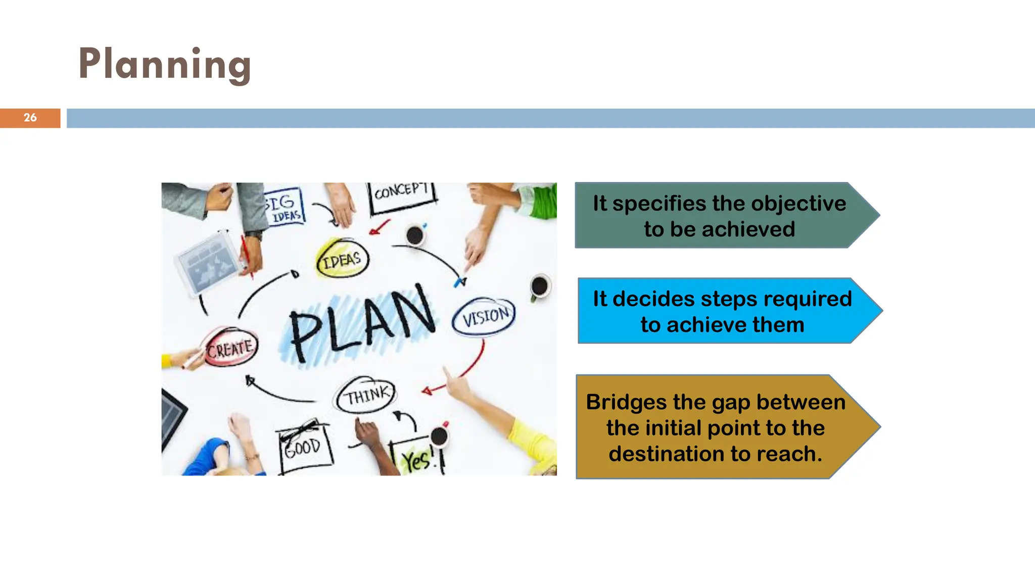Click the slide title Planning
tap(165, 64)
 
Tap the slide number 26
tap(30, 118)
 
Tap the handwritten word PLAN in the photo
tap(362, 323)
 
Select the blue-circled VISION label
tap(484, 317)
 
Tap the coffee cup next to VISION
tap(540, 286)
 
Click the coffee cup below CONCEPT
tap(415, 235)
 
